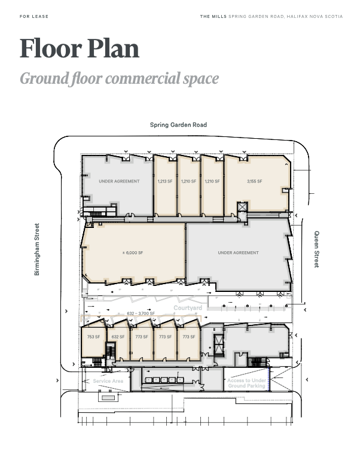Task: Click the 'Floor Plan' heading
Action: point(80,48)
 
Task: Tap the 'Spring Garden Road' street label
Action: point(178,125)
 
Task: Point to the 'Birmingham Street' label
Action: point(36,249)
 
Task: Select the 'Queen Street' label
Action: point(316,249)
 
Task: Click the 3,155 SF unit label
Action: point(254,181)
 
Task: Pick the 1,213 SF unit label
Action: point(165,181)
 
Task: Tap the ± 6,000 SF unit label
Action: point(133,253)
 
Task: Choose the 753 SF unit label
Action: point(93,337)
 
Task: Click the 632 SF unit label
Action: point(118,337)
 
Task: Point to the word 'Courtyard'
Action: point(188,307)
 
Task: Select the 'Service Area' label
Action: point(108,381)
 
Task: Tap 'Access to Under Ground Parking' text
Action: point(247,383)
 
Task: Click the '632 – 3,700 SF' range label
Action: point(141,313)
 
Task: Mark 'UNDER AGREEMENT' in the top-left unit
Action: point(119,181)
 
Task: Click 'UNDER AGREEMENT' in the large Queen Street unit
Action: point(238,253)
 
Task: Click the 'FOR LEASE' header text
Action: point(34,17)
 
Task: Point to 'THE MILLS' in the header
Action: point(213,17)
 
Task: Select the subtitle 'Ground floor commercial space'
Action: point(119,79)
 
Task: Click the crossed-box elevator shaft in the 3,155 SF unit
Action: point(242,207)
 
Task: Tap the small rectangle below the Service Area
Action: point(108,397)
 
